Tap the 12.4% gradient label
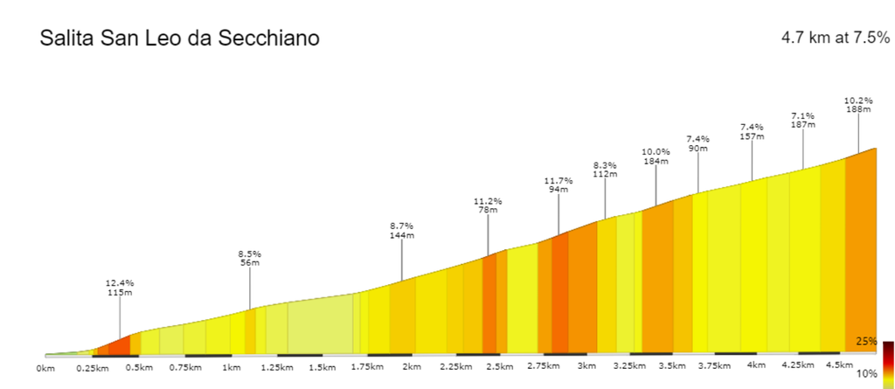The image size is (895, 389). click(x=120, y=283)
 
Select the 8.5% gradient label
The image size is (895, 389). click(x=250, y=254)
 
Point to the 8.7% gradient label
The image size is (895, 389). click(x=402, y=226)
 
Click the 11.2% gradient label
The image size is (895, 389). click(x=488, y=200)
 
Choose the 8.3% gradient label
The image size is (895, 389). click(x=605, y=164)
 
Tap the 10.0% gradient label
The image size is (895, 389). click(x=656, y=151)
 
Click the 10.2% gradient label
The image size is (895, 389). click(x=858, y=100)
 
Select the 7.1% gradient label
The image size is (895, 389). click(x=803, y=115)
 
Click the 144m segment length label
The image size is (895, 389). click(x=402, y=235)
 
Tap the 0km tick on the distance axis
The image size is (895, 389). click(x=45, y=369)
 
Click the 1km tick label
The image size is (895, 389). click(x=231, y=367)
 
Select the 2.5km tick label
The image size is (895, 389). click(x=499, y=366)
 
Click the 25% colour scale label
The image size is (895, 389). click(x=867, y=341)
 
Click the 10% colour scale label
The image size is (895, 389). click(x=867, y=374)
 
